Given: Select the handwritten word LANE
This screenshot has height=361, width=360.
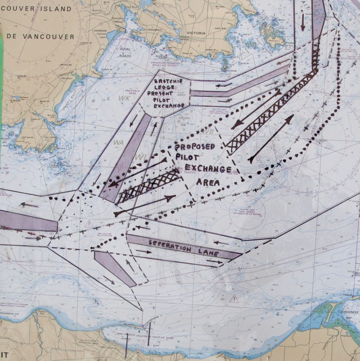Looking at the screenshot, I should [209, 253].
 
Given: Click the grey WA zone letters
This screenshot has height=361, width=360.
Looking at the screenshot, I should [118, 142].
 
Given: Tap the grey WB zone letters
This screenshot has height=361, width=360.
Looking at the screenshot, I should [209, 131].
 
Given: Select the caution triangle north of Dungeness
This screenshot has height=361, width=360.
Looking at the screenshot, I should [233, 299].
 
